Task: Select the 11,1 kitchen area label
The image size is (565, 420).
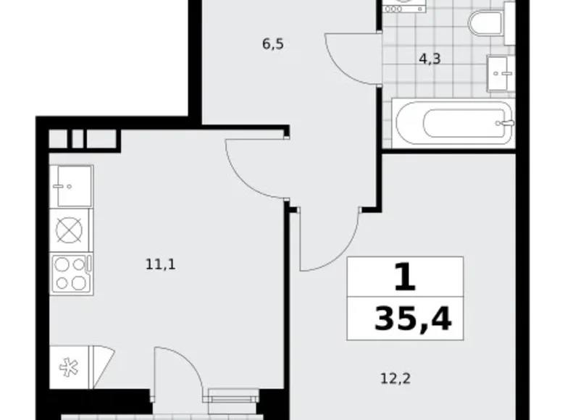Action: [160, 264]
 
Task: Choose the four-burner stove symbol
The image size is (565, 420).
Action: [71, 273]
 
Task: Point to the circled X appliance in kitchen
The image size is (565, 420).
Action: [70, 231]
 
